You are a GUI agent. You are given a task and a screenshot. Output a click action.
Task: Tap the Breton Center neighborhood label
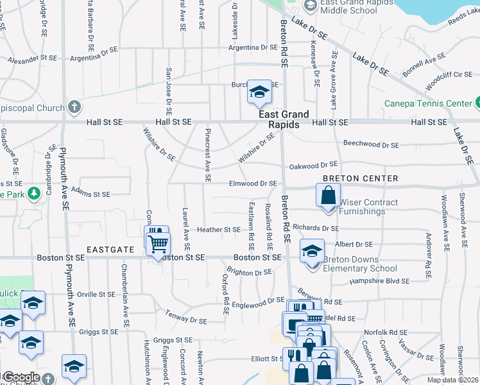361,178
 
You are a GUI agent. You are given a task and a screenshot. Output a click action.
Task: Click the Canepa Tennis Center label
428,103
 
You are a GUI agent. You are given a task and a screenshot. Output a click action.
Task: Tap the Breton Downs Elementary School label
360,264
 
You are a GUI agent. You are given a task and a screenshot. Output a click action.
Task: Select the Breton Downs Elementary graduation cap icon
312,250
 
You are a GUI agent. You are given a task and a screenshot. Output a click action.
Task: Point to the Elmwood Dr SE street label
253,184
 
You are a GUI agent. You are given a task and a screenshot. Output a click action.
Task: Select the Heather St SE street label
219,229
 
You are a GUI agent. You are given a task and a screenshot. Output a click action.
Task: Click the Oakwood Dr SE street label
313,164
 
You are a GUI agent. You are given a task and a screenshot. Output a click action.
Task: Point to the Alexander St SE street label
33,60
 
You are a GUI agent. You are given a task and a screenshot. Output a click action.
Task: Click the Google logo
21,377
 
